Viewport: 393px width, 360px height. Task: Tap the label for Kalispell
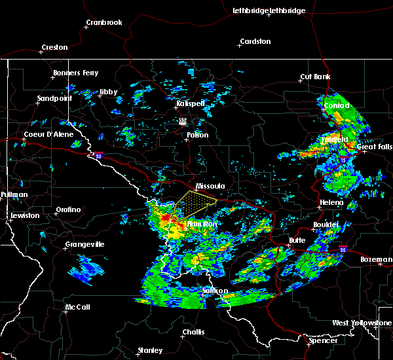click(x=191, y=103)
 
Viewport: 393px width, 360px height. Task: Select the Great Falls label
click(x=375, y=147)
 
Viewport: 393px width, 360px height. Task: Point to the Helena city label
click(x=331, y=202)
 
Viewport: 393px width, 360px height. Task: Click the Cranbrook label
click(x=103, y=23)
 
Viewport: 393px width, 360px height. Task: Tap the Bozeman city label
click(x=376, y=260)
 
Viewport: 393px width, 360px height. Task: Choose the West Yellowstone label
click(x=362, y=323)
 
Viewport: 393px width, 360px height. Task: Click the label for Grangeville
click(x=84, y=245)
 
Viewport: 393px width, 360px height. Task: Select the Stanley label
click(x=150, y=351)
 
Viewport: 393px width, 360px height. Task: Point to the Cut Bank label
click(x=315, y=77)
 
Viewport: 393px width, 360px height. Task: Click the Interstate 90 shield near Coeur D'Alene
click(x=98, y=156)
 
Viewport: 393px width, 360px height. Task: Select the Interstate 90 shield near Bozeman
click(x=343, y=249)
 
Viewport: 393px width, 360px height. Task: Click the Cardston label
click(x=255, y=42)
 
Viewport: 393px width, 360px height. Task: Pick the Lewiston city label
click(x=24, y=215)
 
